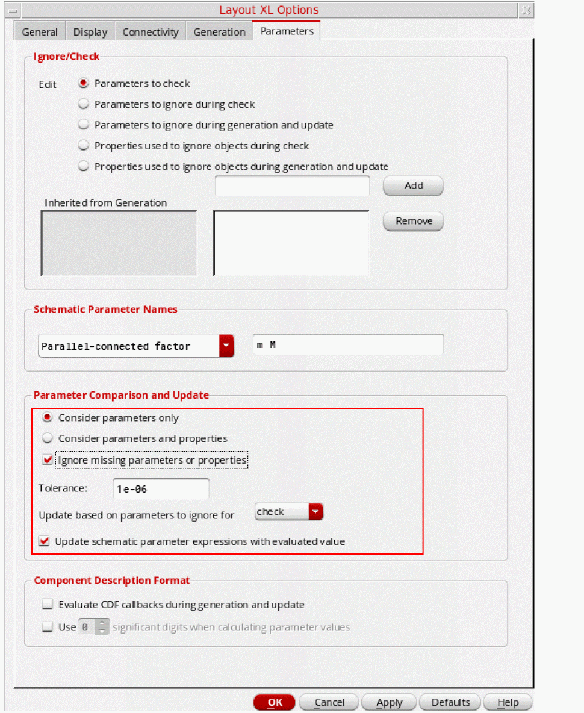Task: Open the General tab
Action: click(x=40, y=32)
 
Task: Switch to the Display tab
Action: click(x=90, y=32)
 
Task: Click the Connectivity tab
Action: click(x=151, y=32)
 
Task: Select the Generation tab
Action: click(x=219, y=32)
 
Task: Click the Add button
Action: click(x=413, y=185)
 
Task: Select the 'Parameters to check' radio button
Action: click(x=84, y=83)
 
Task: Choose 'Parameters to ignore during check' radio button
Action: click(x=84, y=104)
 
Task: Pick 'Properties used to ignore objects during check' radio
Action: click(x=84, y=146)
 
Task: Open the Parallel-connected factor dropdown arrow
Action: click(x=226, y=346)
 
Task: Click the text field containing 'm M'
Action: click(x=348, y=345)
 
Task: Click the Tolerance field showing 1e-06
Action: click(x=160, y=489)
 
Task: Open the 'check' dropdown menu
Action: click(x=316, y=512)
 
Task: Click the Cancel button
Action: click(x=329, y=702)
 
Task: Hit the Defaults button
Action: click(x=450, y=702)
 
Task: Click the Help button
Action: click(x=508, y=702)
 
